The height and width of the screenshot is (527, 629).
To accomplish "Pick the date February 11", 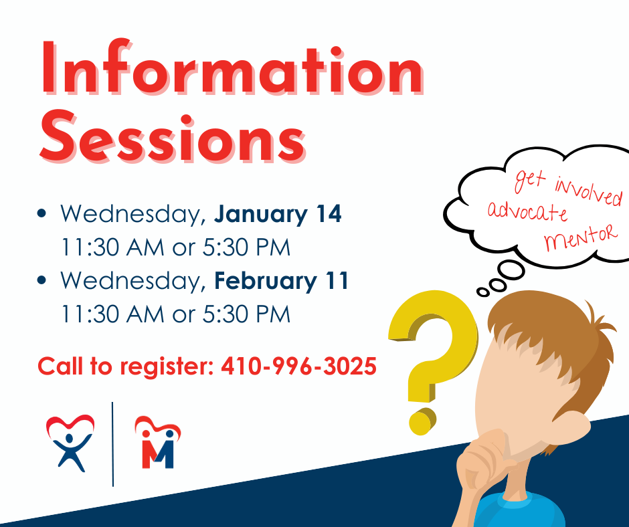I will coord(282,281).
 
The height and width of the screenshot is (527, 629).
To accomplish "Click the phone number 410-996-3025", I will coord(298,366).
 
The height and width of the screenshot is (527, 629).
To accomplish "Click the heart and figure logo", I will coord(70,441).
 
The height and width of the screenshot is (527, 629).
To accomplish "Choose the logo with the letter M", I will coord(158,442).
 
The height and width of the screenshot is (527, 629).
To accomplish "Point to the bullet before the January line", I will coord(43,215).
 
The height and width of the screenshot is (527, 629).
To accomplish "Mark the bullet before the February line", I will coord(43,281).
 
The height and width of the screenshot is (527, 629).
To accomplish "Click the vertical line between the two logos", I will coord(113,443).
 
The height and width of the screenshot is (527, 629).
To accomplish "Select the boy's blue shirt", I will coord(529,512).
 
